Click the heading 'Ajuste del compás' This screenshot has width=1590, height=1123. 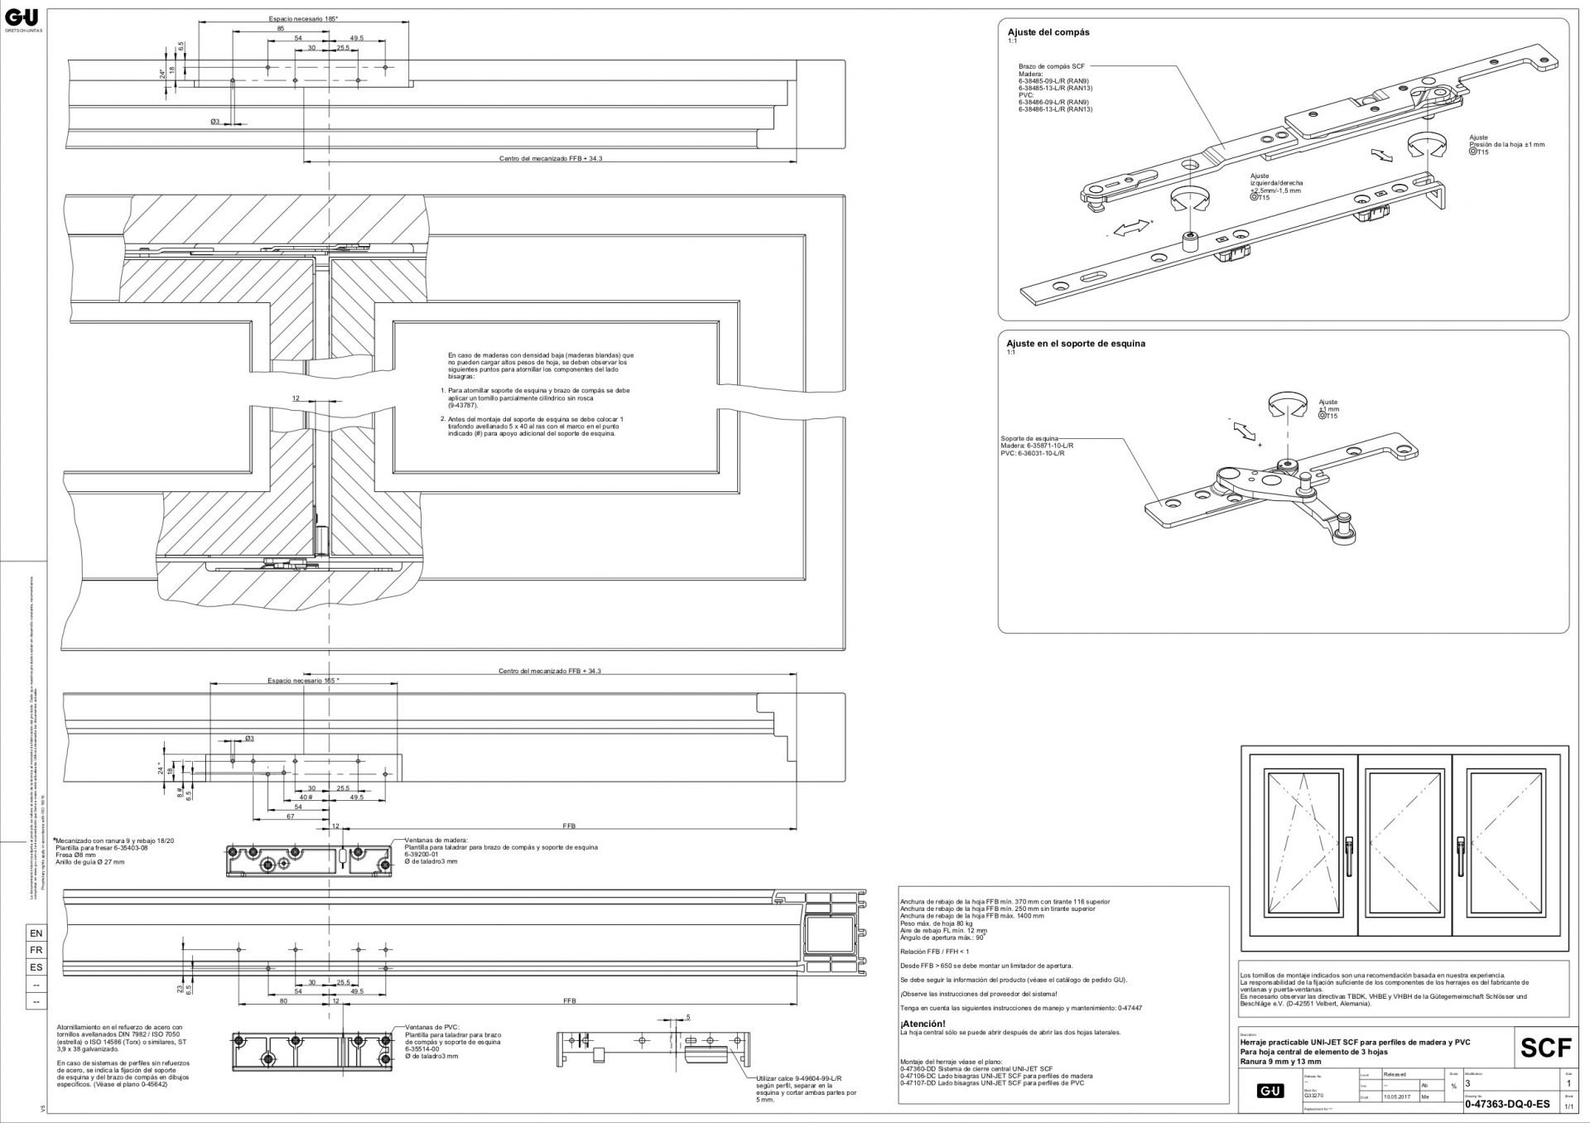pyautogui.click(x=1048, y=32)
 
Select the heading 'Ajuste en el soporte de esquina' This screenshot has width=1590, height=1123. pyautogui.click(x=1076, y=343)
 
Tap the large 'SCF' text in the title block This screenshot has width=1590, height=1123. pyautogui.click(x=1544, y=1048)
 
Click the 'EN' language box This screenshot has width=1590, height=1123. pyautogui.click(x=36, y=933)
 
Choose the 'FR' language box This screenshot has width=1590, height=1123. pyautogui.click(x=36, y=951)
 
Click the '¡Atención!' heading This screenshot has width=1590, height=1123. pyautogui.click(x=923, y=1024)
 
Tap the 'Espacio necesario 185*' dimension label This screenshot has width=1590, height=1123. pyautogui.click(x=303, y=18)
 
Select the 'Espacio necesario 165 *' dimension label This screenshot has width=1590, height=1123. pyautogui.click(x=303, y=681)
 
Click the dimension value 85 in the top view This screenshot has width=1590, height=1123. pyautogui.click(x=281, y=28)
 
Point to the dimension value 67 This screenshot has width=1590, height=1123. pyautogui.click(x=290, y=816)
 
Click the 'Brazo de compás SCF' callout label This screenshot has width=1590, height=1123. pyautogui.click(x=1051, y=66)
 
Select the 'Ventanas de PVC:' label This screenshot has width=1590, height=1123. pyautogui.click(x=426, y=1026)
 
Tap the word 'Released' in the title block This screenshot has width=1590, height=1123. pyautogui.click(x=1396, y=1074)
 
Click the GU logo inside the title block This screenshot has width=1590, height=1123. pyautogui.click(x=1270, y=1092)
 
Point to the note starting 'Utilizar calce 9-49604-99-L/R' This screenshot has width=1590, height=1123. pyautogui.click(x=798, y=1078)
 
